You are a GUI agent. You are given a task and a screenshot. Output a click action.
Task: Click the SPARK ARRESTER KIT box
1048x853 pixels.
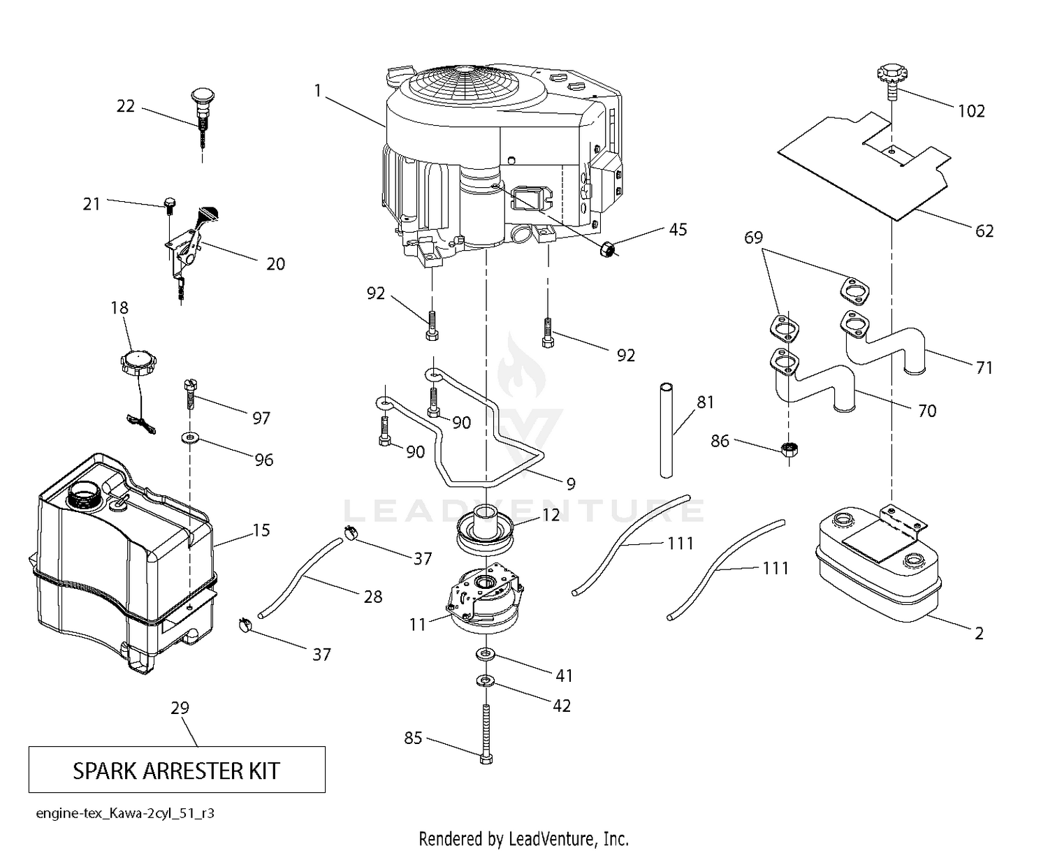click(176, 770)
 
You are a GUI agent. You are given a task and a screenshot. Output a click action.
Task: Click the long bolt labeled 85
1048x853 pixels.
click(486, 734)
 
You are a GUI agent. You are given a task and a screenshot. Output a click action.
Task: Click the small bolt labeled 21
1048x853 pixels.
click(170, 204)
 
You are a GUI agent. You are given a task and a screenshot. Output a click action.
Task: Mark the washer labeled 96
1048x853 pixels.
click(189, 438)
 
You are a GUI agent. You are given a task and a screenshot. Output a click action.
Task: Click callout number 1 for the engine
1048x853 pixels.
click(318, 91)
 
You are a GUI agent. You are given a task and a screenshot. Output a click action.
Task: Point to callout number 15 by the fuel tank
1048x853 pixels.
click(261, 530)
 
